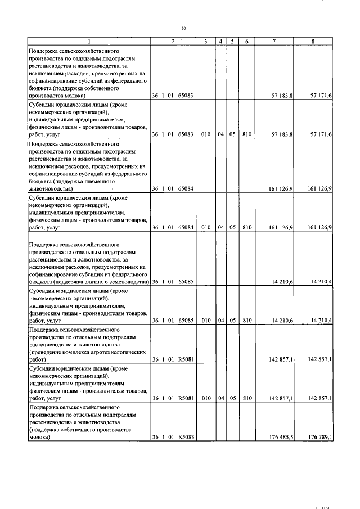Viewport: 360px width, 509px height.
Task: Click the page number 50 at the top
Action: (x=183, y=28)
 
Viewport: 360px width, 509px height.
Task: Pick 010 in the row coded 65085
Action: (x=206, y=321)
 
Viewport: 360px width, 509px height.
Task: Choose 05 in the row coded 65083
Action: (x=231, y=134)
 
